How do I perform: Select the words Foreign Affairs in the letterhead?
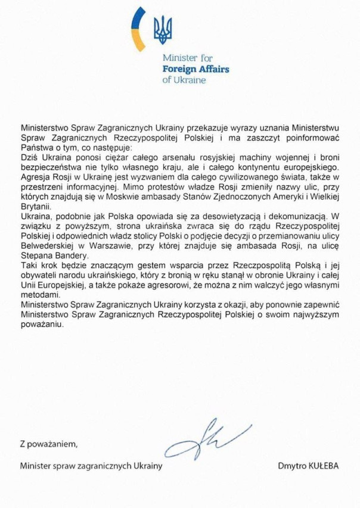click(x=196, y=69)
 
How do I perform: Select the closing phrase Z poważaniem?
click(x=49, y=444)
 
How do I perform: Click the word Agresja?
click(x=36, y=176)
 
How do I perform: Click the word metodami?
click(x=39, y=291)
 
